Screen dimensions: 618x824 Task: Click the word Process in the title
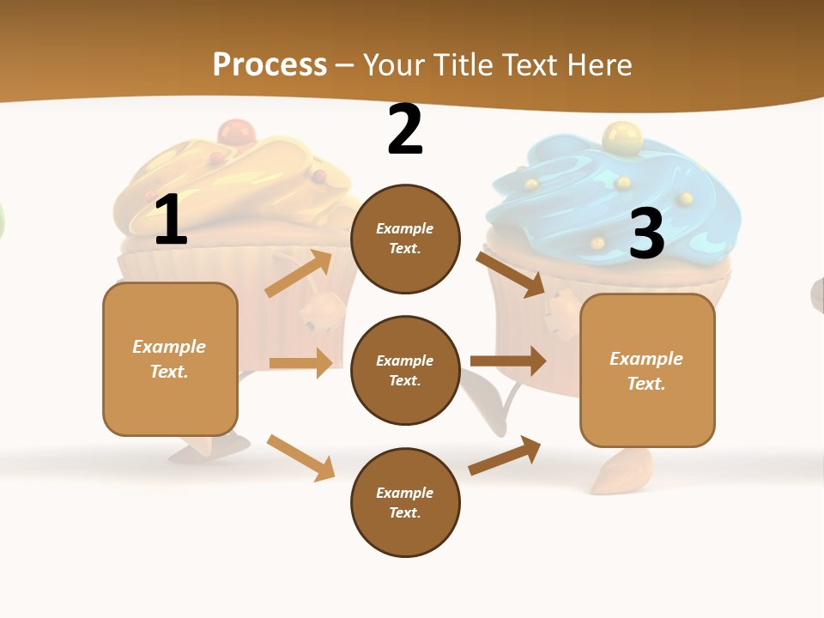[270, 64]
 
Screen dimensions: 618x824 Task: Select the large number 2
[405, 130]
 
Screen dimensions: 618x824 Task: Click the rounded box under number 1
[170, 359]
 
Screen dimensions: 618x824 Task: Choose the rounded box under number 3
[647, 370]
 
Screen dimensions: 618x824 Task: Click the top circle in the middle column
[405, 239]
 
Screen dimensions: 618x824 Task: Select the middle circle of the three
[405, 370]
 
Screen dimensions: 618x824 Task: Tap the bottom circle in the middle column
[405, 502]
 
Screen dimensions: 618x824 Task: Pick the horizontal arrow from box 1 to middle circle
[300, 363]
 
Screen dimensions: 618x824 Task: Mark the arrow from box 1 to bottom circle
[301, 457]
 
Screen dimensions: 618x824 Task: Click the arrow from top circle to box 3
[512, 274]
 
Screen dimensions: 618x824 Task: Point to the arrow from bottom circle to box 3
[506, 455]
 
